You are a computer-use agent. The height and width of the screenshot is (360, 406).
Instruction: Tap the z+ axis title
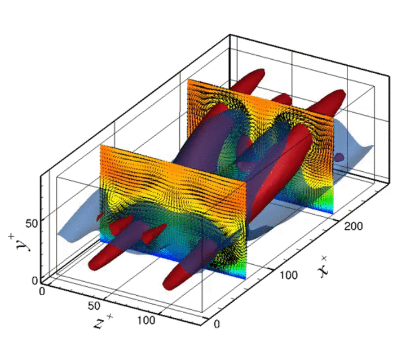(x=103, y=322)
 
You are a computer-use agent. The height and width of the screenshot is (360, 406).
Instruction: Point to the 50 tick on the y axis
(x=32, y=223)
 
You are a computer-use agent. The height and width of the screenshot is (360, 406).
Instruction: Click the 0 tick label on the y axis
(x=35, y=281)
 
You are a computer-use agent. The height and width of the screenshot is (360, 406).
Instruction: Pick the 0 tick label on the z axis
(x=42, y=291)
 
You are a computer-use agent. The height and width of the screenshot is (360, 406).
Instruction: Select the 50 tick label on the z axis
(x=94, y=306)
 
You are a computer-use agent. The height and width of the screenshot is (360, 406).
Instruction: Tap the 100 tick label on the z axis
(x=146, y=321)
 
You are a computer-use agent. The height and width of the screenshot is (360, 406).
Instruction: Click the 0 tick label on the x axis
(x=217, y=324)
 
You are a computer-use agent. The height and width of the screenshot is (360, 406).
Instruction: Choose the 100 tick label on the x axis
(x=289, y=275)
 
